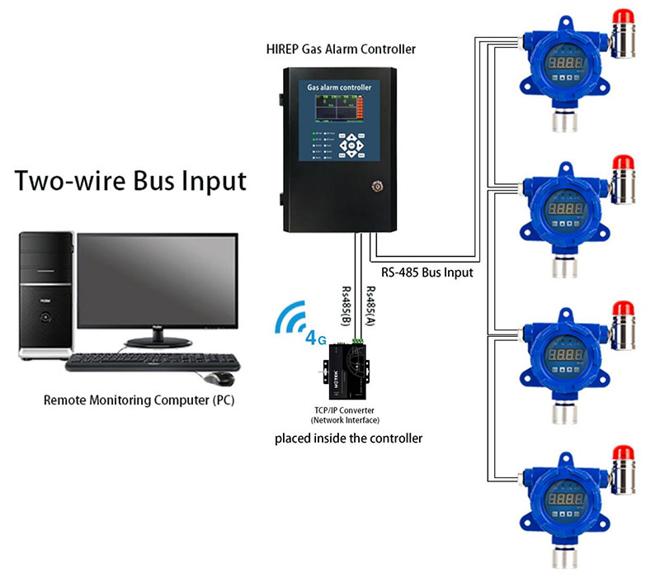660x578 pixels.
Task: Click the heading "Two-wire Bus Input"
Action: (x=130, y=180)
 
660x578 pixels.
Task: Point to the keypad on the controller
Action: (x=353, y=145)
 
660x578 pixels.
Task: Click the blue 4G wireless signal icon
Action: (x=297, y=324)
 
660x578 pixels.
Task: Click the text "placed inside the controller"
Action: (x=348, y=438)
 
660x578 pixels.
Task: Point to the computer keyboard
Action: (x=154, y=363)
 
